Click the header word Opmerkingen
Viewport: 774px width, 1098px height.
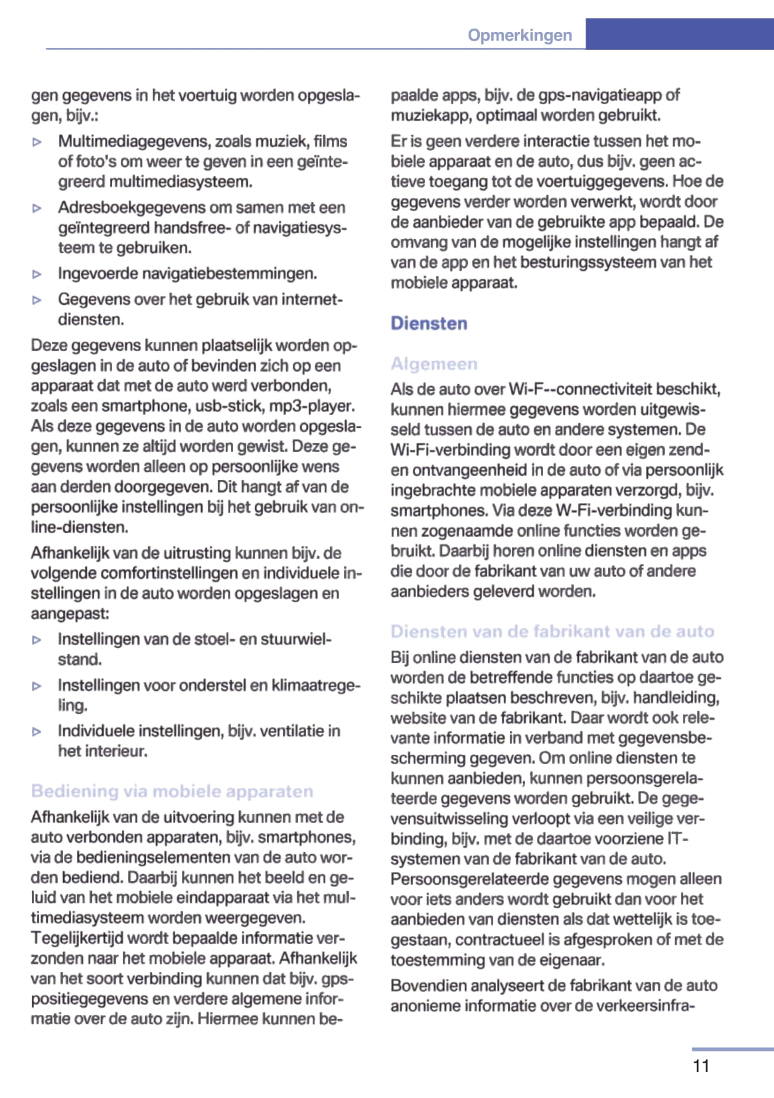(x=519, y=35)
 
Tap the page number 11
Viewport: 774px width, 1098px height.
(x=701, y=1065)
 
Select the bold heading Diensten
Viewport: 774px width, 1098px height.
(x=429, y=323)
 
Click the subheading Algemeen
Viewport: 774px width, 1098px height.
(x=433, y=364)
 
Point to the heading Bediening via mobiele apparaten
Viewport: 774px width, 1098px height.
(x=172, y=791)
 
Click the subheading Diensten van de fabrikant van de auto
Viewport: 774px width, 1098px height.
(x=552, y=631)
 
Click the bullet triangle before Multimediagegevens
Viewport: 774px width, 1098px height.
(x=38, y=142)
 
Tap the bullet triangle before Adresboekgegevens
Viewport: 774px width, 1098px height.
(x=38, y=208)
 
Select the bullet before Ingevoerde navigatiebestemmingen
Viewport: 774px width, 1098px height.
(x=38, y=274)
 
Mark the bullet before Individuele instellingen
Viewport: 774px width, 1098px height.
(x=38, y=732)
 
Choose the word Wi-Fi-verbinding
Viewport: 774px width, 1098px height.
(x=444, y=449)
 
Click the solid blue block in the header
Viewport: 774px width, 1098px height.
(x=679, y=34)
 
